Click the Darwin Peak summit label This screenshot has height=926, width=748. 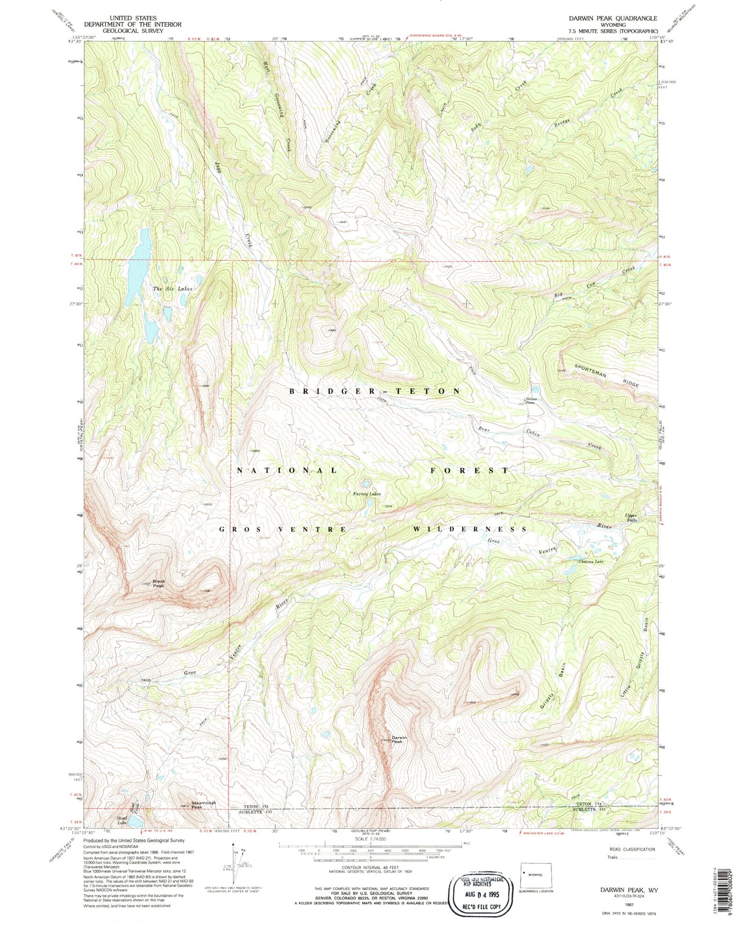pos(397,739)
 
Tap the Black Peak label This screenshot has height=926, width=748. pos(158,583)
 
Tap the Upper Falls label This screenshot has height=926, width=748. pos(630,518)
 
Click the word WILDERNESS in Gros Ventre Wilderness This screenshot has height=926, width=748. pos(470,529)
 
